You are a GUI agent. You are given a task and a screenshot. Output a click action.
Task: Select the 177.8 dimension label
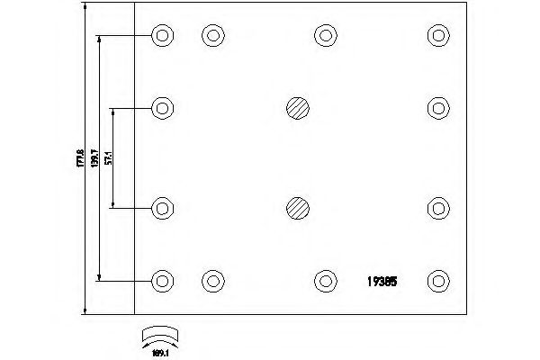pos(79,158)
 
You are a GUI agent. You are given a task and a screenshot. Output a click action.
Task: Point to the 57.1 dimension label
pos(108,158)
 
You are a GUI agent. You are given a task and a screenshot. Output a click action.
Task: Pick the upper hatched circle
pos(298,109)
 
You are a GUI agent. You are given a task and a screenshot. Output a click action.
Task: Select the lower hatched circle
pos(298,208)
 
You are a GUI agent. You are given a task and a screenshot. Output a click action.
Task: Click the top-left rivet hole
pos(162,36)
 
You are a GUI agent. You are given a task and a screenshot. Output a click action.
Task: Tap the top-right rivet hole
pos(437,36)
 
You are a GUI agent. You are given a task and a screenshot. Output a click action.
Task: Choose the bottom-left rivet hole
pos(162,281)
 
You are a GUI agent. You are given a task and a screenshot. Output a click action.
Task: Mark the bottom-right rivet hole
pos(437,281)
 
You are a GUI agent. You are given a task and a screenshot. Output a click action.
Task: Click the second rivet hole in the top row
pos(212,36)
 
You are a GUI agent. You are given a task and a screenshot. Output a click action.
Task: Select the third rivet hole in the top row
pos(325,36)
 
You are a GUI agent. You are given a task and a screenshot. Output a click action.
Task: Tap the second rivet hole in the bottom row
pos(212,281)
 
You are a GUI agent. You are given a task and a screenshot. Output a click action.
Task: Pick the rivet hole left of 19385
pos(325,281)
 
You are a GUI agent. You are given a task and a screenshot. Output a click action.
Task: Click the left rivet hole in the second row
pos(162,109)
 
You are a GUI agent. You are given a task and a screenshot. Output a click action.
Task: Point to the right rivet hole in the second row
pos(437,109)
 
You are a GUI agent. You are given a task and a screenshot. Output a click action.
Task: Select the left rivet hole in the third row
pos(162,208)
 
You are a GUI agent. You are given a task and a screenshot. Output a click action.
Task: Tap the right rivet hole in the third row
pos(437,208)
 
